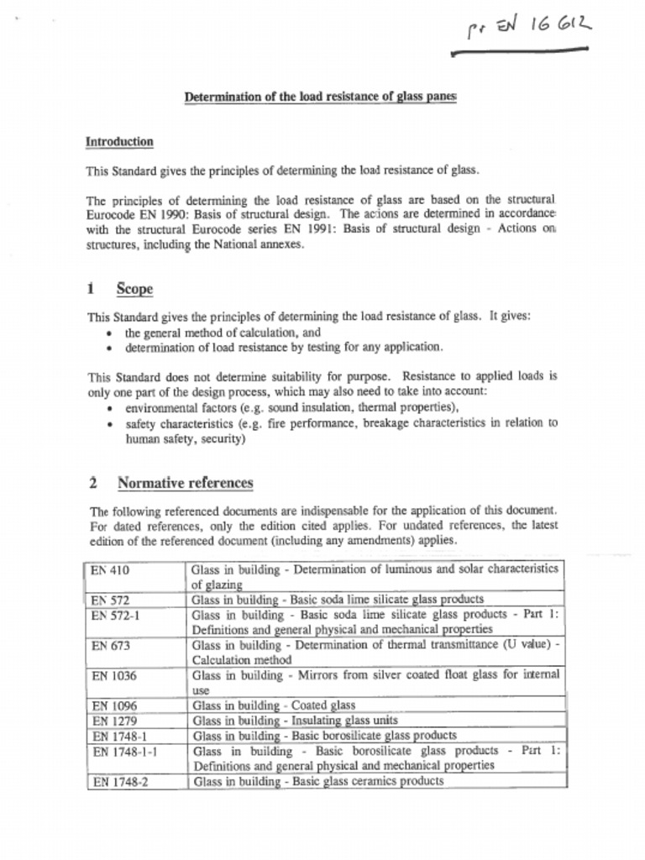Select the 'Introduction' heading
click(119, 142)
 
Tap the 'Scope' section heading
click(134, 289)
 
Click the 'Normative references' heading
click(185, 483)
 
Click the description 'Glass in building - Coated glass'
click(274, 705)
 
